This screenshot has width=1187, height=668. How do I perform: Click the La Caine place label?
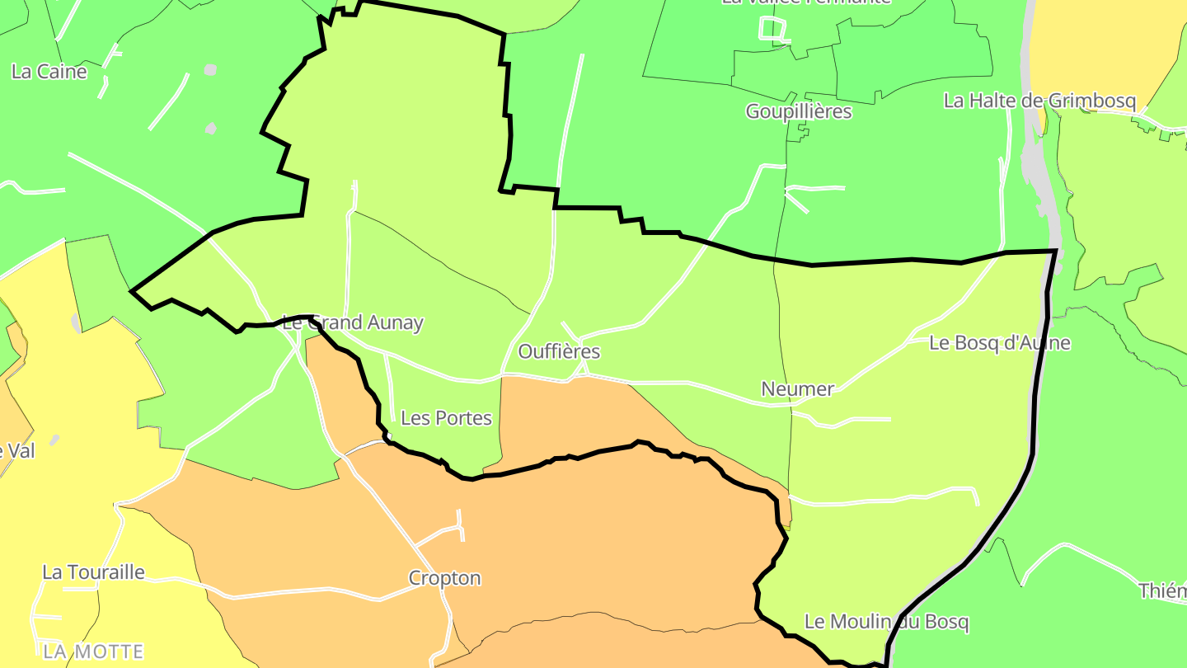pyautogui.click(x=49, y=72)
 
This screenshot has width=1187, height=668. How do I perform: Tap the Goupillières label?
pyautogui.click(x=798, y=111)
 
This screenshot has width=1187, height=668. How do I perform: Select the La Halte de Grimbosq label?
pyautogui.click(x=1039, y=101)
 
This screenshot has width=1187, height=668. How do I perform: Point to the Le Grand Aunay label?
pyautogui.click(x=353, y=322)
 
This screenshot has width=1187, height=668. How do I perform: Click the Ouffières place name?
pyautogui.click(x=559, y=351)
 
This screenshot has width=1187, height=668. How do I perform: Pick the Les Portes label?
pyautogui.click(x=446, y=418)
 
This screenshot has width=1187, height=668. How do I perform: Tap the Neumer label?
pyautogui.click(x=797, y=388)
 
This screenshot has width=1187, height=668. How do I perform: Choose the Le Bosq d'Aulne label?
pyautogui.click(x=999, y=343)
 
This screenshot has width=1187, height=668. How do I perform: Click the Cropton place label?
pyautogui.click(x=444, y=578)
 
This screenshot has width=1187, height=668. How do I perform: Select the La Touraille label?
pyautogui.click(x=93, y=572)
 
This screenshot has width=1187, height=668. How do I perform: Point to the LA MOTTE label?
pyautogui.click(x=93, y=652)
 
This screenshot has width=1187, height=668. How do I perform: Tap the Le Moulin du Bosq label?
pyautogui.click(x=886, y=622)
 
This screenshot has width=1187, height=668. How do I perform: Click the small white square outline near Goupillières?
pyautogui.click(x=772, y=29)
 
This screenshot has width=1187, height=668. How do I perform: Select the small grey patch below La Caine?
pyautogui.click(x=211, y=128)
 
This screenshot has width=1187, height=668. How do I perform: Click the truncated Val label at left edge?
pyautogui.click(x=16, y=451)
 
